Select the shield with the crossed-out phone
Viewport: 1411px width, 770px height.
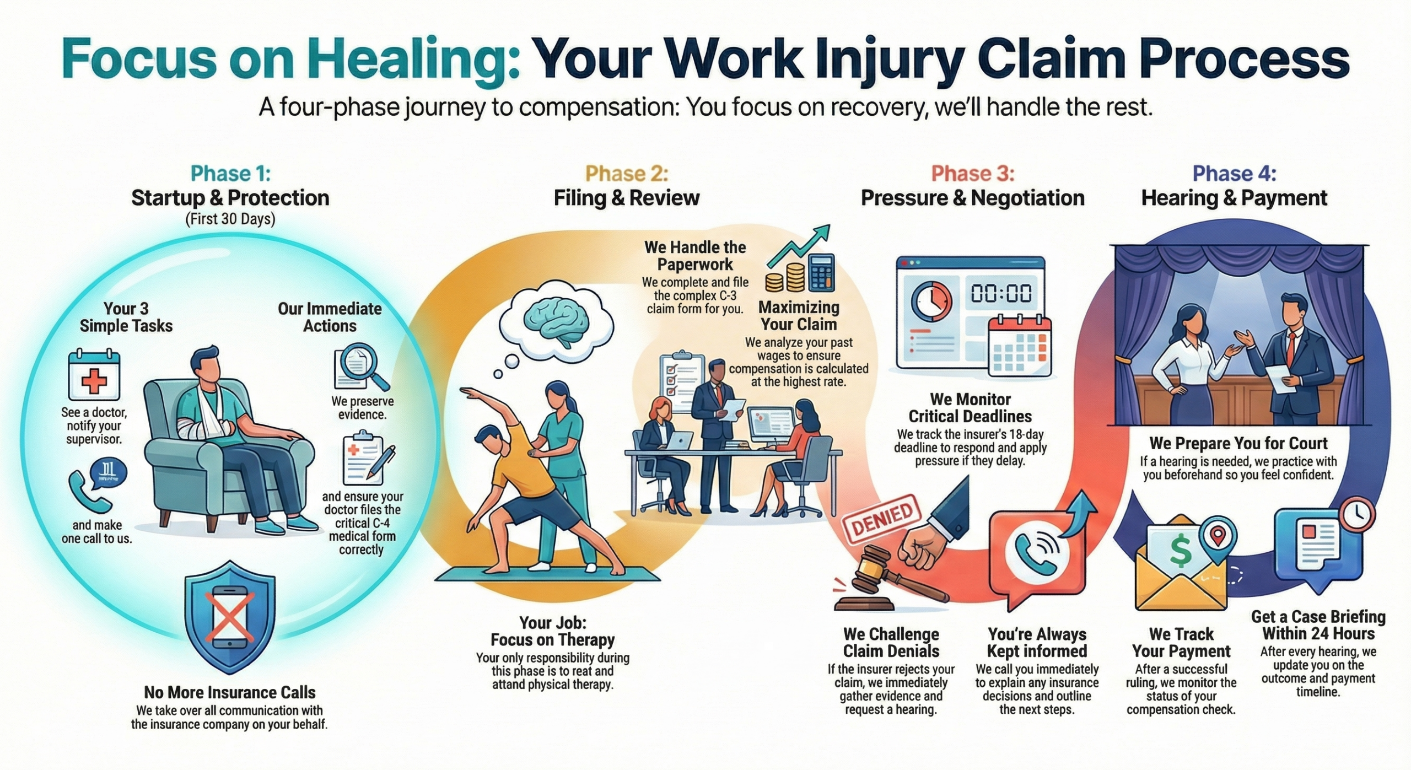(x=230, y=617)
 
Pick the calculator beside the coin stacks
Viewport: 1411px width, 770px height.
(x=821, y=273)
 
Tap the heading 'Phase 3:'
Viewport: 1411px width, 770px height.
(x=972, y=174)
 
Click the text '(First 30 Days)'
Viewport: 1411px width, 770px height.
(x=230, y=219)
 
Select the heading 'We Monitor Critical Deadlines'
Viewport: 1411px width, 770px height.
(x=970, y=407)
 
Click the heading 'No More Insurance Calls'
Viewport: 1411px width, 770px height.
(x=230, y=692)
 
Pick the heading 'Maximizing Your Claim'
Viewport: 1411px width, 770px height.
(x=799, y=315)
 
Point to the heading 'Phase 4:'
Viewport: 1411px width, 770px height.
(x=1234, y=174)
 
